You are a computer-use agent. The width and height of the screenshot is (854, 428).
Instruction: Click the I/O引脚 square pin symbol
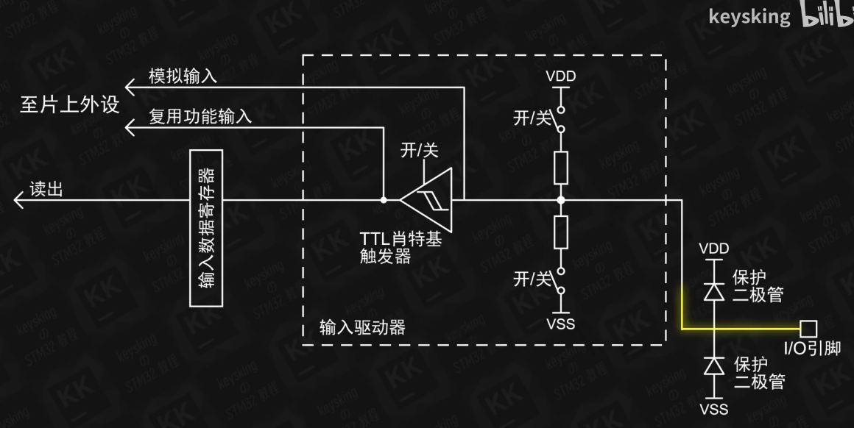[x=809, y=328]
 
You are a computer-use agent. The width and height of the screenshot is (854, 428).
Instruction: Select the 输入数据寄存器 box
[x=206, y=228]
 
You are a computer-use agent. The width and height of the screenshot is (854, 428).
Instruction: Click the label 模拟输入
[x=183, y=76]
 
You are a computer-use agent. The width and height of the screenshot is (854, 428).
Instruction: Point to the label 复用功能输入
[x=200, y=116]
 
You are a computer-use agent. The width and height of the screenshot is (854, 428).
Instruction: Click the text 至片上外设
[x=69, y=104]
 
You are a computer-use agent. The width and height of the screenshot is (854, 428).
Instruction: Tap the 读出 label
[x=46, y=189]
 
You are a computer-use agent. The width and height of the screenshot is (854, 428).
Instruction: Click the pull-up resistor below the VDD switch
[x=561, y=168]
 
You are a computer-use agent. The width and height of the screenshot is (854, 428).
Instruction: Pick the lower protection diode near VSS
[x=713, y=365]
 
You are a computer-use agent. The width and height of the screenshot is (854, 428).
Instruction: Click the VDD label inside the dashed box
[x=561, y=76]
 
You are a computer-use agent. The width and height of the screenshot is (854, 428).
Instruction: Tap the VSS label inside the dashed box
[x=561, y=324]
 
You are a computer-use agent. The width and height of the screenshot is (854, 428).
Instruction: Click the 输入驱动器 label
[x=362, y=327]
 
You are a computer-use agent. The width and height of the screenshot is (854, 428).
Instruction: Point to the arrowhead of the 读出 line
[x=18, y=199]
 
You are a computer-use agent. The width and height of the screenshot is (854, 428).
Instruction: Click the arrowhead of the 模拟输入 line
[x=130, y=88]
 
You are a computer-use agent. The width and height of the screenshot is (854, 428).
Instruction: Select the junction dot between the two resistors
[x=561, y=199]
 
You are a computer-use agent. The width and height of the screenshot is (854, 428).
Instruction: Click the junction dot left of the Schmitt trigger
[x=384, y=199]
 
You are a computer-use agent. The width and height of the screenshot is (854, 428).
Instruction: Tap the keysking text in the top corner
[x=749, y=16]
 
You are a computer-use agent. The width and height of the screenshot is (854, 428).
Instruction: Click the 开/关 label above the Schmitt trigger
[x=419, y=151]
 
